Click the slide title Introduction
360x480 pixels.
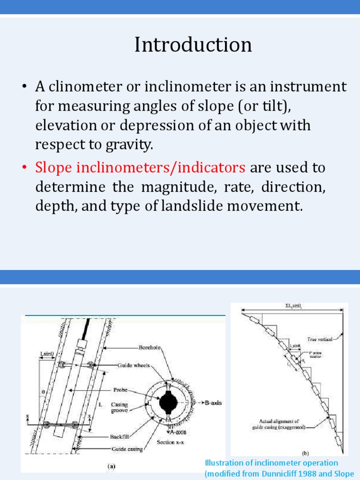pyautogui.click(x=193, y=45)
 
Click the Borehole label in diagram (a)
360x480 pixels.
pyautogui.click(x=150, y=348)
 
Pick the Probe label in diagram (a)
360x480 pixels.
pyautogui.click(x=120, y=389)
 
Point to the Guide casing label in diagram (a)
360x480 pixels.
pyautogui.click(x=127, y=449)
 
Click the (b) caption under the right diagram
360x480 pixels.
pyautogui.click(x=305, y=453)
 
